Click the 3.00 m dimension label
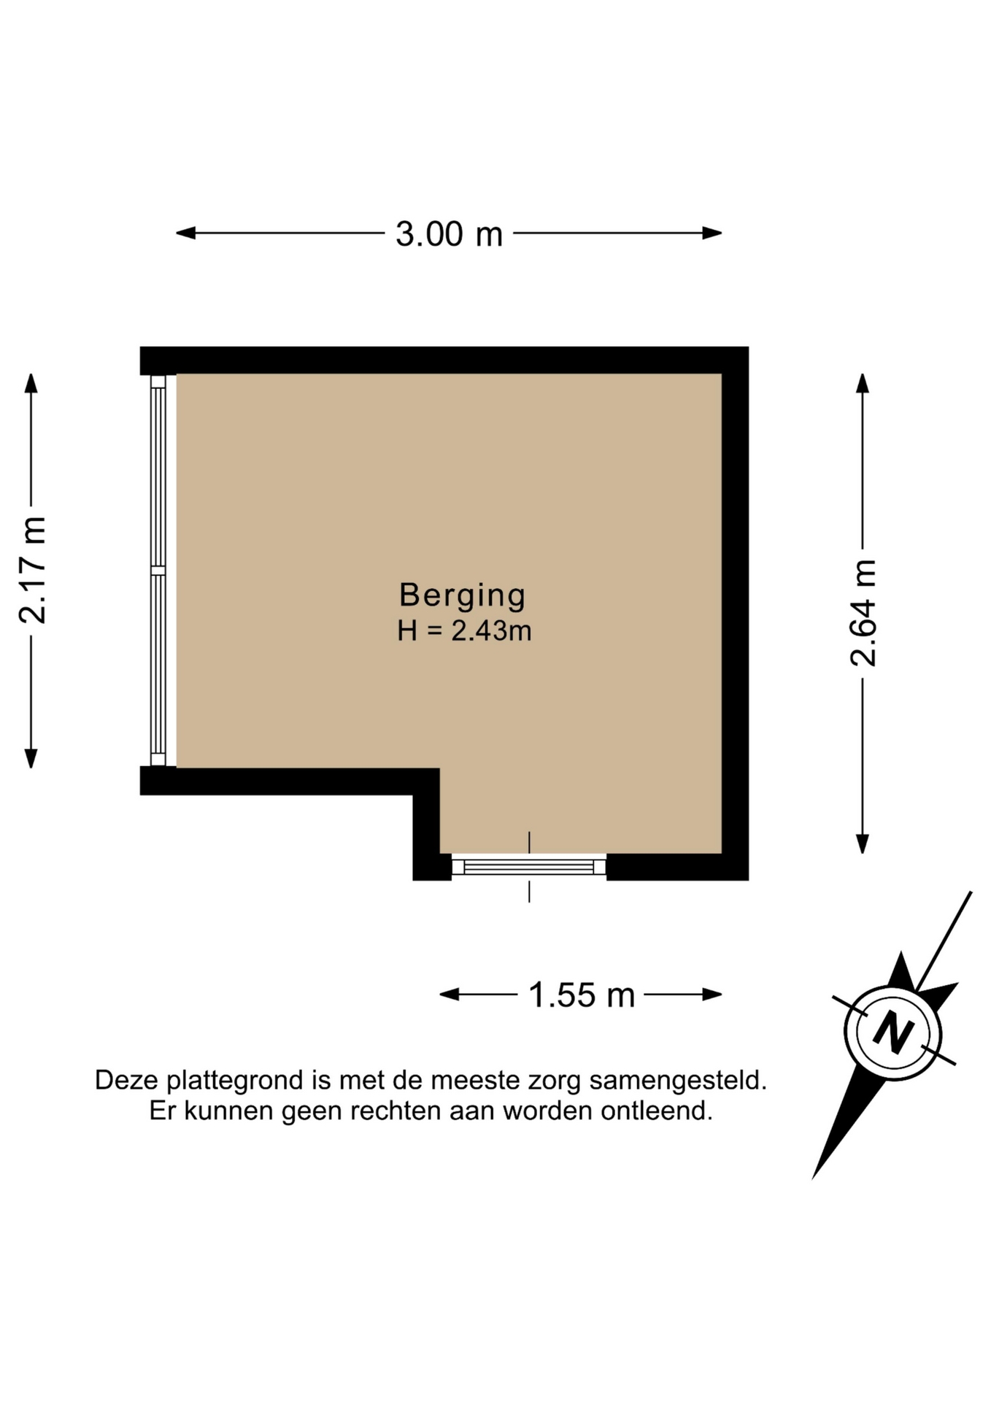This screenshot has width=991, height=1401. tap(449, 234)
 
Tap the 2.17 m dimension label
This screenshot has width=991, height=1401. tap(33, 570)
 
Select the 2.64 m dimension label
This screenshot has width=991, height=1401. tap(863, 613)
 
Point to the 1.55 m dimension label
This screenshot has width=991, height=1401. tap(582, 995)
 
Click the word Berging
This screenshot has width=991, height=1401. tap(463, 596)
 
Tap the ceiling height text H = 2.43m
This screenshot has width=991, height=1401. tap(464, 630)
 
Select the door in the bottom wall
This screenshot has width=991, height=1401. tap(529, 866)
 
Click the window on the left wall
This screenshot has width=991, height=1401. tap(158, 570)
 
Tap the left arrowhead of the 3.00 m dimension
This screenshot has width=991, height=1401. tap(185, 233)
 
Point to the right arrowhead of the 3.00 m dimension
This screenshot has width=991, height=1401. tap(712, 233)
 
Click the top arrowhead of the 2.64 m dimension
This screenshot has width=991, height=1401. tap(863, 383)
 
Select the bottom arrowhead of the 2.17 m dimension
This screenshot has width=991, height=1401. tap(31, 759)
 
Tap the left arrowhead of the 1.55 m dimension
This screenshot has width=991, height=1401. tap(449, 994)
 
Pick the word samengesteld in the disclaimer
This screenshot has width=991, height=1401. tap(678, 1081)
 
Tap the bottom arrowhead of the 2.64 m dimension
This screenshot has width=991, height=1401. tap(863, 844)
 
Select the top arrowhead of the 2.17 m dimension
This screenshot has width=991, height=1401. tap(31, 383)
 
